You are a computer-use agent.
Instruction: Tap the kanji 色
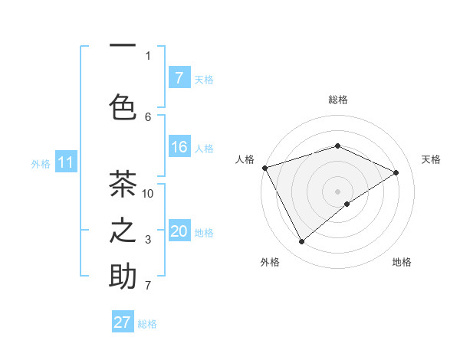click(x=123, y=106)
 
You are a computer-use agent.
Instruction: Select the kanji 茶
click(x=123, y=185)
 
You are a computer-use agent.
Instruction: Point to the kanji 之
click(x=123, y=231)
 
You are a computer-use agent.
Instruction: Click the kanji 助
click(x=123, y=277)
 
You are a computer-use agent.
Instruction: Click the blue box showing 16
click(x=179, y=148)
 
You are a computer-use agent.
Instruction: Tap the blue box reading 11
click(x=66, y=162)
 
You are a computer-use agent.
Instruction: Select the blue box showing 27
click(x=123, y=322)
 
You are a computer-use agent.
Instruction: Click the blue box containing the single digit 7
click(x=179, y=77)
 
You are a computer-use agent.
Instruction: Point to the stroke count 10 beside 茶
click(x=148, y=193)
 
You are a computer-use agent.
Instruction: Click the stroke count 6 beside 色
click(x=148, y=116)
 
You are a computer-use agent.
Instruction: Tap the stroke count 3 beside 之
click(x=148, y=240)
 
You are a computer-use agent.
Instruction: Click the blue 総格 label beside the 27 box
click(x=147, y=324)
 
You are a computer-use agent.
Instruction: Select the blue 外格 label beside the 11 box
click(x=41, y=163)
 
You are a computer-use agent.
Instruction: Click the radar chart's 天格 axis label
click(x=431, y=159)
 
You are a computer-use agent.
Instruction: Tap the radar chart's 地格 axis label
click(x=402, y=262)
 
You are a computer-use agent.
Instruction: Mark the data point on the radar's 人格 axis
click(x=264, y=168)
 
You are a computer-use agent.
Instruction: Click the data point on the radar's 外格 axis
click(x=301, y=242)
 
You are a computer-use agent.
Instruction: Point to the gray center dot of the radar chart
click(x=337, y=191)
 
